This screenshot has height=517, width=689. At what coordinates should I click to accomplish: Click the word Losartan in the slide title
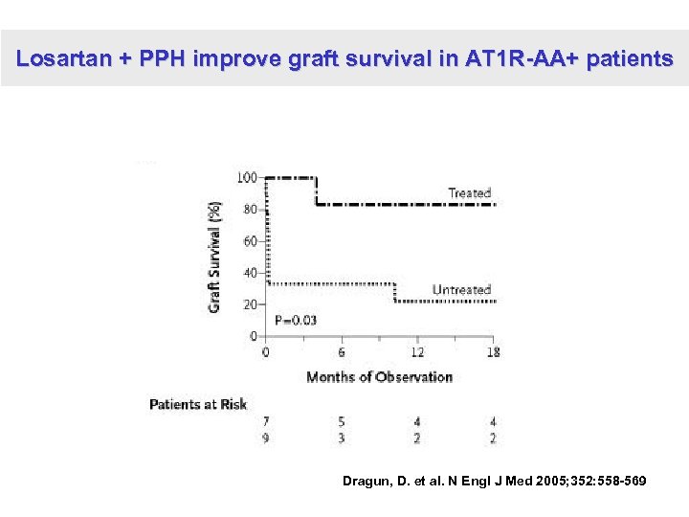coord(63,58)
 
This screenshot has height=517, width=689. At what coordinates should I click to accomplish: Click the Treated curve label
coord(469,192)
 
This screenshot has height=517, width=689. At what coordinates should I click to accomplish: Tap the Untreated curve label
coord(461,289)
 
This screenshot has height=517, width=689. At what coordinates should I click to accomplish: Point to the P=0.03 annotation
coord(296,320)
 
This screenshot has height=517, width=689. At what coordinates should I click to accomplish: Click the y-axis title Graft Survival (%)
coord(215,256)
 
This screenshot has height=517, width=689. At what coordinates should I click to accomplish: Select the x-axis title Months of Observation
coord(379,376)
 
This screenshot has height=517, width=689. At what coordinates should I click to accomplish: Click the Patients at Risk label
coord(198,404)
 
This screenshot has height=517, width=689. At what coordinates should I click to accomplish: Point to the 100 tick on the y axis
coord(246,177)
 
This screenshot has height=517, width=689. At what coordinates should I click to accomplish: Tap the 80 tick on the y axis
coord(249,209)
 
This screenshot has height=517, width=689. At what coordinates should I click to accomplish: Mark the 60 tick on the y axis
coord(249,241)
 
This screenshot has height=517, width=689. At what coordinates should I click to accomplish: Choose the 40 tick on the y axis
coord(249,273)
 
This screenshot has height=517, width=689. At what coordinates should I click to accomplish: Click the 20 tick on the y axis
coord(249,304)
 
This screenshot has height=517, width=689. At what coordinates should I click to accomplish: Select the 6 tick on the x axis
coord(342,351)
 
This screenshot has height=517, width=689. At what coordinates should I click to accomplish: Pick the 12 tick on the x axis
coord(417,351)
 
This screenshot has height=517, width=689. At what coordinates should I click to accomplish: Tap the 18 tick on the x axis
coord(493,351)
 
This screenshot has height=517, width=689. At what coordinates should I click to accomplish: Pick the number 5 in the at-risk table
coord(342,421)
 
